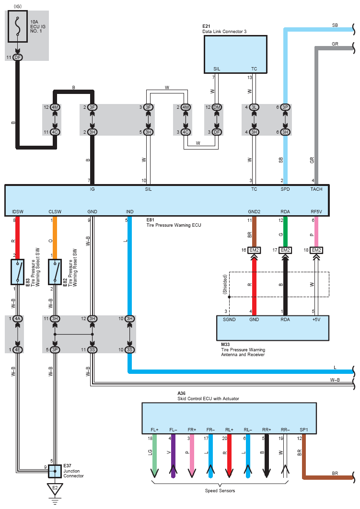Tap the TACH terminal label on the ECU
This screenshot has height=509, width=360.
(316, 189)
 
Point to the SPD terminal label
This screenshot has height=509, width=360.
(285, 189)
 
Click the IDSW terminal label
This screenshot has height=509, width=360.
(18, 211)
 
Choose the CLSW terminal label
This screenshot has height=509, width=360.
(55, 211)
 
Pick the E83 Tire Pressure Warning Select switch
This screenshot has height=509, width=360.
(18, 272)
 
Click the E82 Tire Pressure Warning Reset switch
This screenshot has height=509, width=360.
(55, 272)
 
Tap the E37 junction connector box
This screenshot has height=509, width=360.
(55, 472)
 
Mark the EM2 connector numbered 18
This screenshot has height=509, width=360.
(316, 250)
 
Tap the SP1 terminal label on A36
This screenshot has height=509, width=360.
(304, 430)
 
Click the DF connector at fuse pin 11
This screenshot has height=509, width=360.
(18, 58)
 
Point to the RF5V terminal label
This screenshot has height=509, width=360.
(316, 211)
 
